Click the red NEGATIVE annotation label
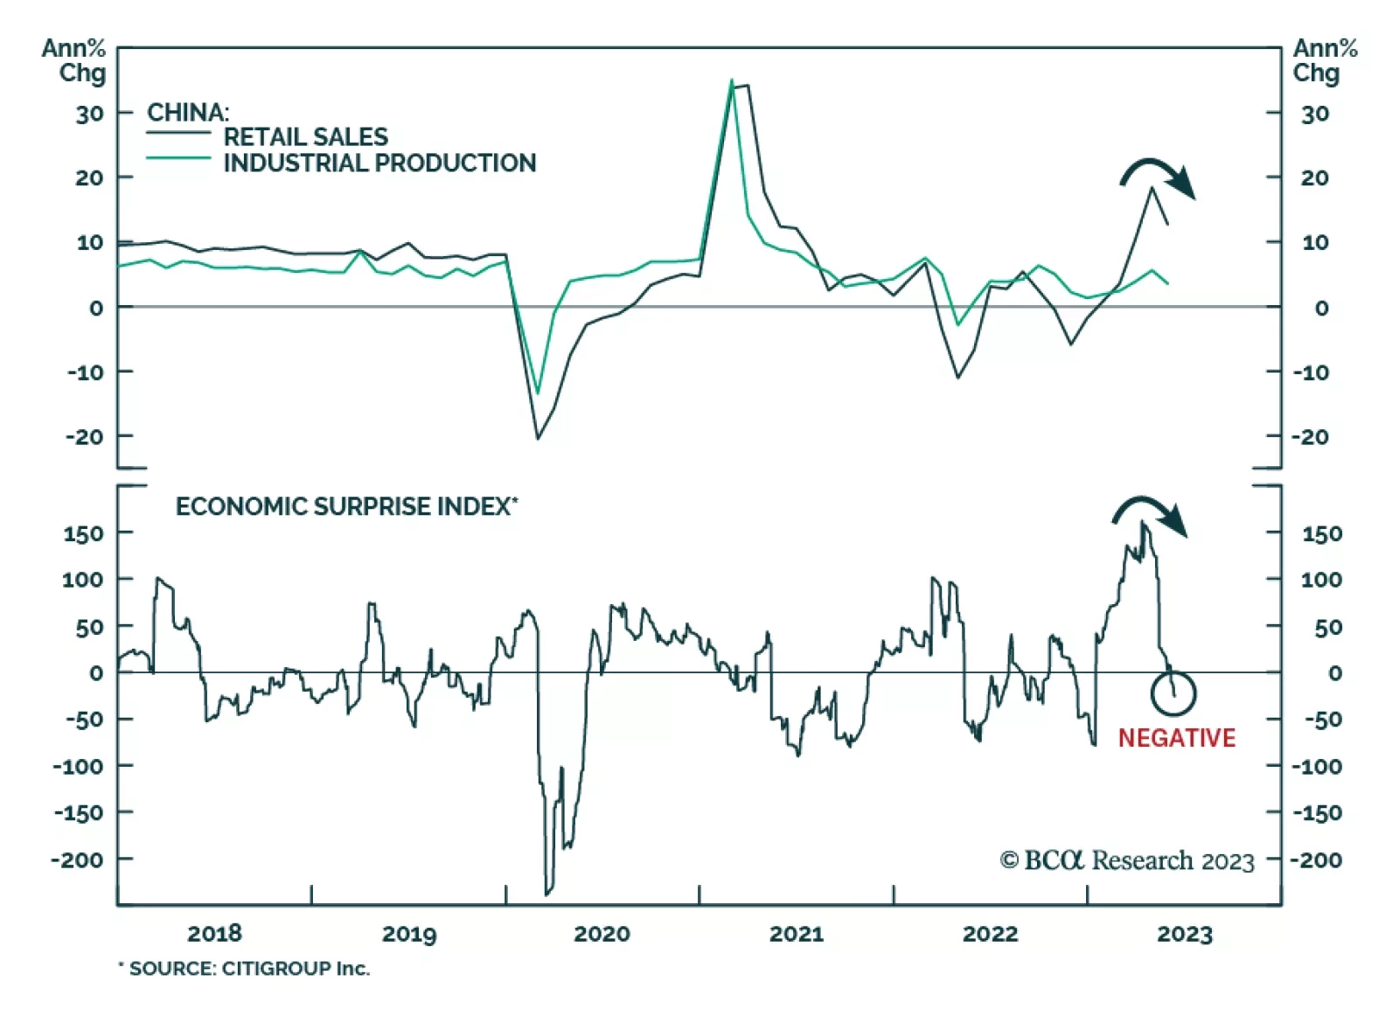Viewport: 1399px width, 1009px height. point(1176,738)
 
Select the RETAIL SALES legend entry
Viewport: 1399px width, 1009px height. point(305,136)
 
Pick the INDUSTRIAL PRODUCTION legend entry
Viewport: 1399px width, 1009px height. point(379,163)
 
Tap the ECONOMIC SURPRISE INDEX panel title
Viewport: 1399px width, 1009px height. point(346,506)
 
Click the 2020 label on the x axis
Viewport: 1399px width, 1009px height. point(602,934)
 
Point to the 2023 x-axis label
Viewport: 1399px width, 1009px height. point(1185,934)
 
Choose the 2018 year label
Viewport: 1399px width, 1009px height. point(214,934)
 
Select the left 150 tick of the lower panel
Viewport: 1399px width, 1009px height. point(83,533)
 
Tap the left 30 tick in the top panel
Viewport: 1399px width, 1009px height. point(89,114)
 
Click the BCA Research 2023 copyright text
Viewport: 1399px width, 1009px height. point(1127,860)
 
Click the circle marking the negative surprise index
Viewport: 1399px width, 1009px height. point(1173,692)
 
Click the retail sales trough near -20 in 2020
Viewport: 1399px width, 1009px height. point(538,437)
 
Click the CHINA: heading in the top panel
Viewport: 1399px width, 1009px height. point(188,112)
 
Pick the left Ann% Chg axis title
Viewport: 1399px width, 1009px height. point(75,60)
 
